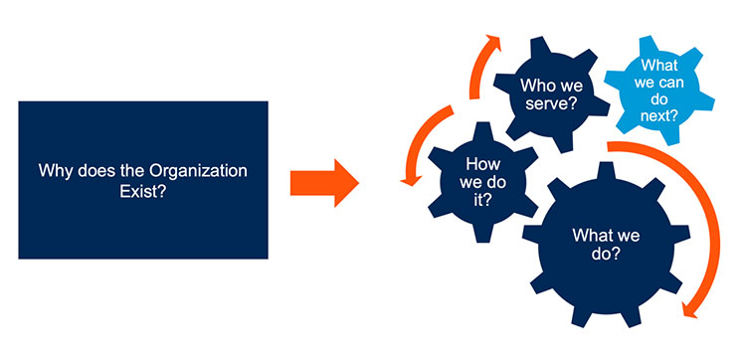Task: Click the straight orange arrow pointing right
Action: pos(324,183)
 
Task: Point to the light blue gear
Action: pos(658,90)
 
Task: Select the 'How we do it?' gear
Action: pos(482,182)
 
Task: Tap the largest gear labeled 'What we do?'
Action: pos(606,244)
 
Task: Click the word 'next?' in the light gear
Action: pos(658,115)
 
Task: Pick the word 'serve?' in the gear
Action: pos(552,103)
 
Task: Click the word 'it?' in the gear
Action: pos(482,200)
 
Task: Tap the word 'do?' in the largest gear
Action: pos(606,254)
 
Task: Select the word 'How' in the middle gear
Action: pos(482,164)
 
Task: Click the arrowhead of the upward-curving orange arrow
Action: pos(492,42)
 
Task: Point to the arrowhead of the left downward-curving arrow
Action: pos(411,180)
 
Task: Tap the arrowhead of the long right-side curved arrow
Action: pos(690,309)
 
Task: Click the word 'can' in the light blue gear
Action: pos(672,83)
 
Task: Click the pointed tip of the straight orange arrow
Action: pos(358,183)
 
